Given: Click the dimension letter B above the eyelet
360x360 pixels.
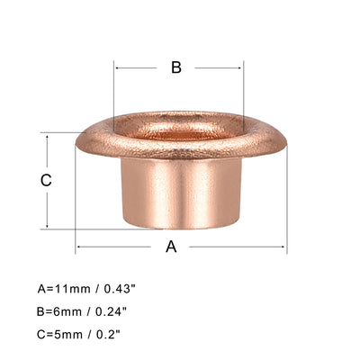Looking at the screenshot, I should (x=177, y=67).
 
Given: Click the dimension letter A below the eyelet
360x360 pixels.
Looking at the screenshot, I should (x=171, y=247).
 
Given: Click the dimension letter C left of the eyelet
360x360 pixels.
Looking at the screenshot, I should (x=47, y=179).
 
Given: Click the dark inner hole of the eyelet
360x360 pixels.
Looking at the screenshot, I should (x=178, y=129).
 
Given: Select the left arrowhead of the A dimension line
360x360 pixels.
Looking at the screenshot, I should (x=78, y=247).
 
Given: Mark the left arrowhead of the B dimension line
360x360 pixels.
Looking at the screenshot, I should (x=117, y=67).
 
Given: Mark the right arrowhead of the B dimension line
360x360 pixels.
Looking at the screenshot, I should (x=241, y=67).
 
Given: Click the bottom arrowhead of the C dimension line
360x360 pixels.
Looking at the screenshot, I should (x=47, y=226).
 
